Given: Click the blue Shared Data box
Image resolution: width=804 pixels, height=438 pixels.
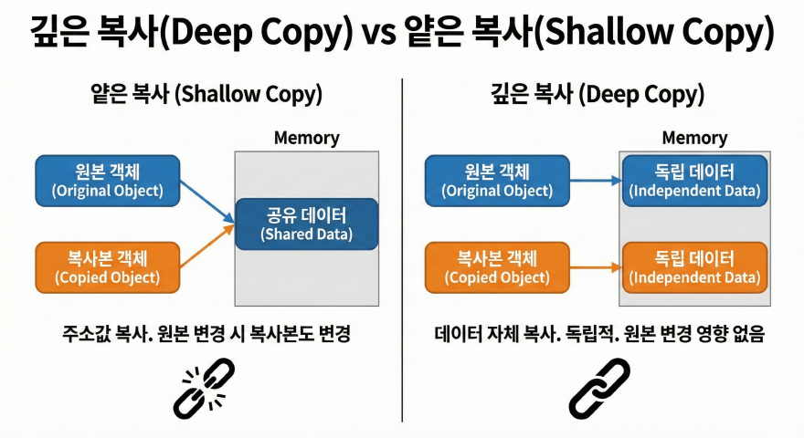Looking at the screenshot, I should point(306,224).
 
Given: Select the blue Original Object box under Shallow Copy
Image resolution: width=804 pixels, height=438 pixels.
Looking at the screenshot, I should point(107,180).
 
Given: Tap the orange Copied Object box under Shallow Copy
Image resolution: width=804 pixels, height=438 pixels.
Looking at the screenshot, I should point(106,266).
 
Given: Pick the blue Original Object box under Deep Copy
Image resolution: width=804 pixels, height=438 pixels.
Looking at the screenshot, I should point(497,180).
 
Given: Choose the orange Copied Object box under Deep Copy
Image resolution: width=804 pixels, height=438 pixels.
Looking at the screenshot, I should point(497,266).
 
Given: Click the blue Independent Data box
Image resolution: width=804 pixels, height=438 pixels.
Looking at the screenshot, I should point(693,180).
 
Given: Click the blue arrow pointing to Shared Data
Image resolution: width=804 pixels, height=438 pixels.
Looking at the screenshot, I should point(206,200).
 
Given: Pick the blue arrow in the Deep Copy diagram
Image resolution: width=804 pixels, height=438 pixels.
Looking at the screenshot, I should point(595,180).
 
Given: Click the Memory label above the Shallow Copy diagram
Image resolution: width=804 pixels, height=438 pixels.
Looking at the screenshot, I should point(306,139).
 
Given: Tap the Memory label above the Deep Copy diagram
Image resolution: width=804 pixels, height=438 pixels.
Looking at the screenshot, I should point(693,139).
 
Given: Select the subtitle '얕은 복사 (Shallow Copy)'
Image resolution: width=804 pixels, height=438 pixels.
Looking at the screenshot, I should point(206,94).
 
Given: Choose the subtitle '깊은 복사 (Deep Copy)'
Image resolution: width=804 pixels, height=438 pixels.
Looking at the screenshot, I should point(598,94).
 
